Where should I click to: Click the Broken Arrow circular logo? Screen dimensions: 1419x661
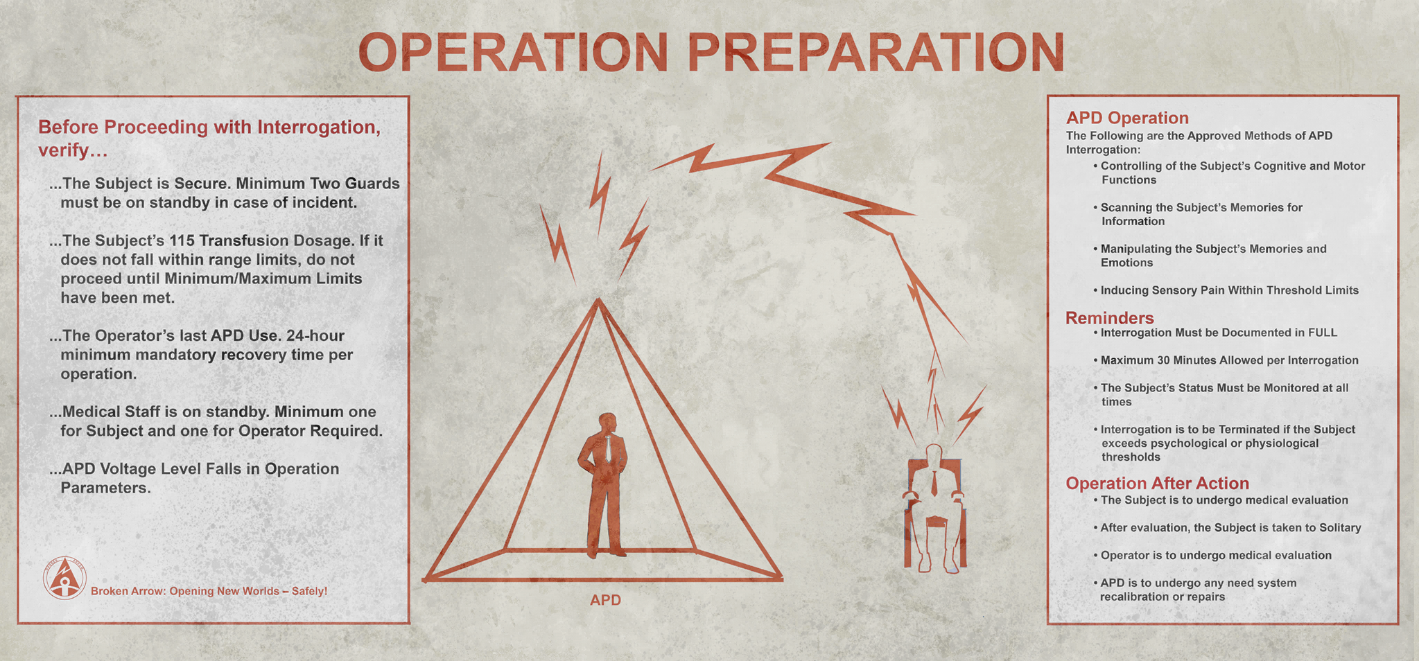64,578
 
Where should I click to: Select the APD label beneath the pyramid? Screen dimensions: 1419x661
605,600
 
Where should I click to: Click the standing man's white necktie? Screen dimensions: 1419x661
608,448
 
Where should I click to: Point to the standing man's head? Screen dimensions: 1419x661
608,423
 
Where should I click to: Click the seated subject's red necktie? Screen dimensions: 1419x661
934,481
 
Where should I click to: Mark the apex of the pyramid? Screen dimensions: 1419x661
598,299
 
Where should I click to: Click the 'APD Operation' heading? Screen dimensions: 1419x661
1127,118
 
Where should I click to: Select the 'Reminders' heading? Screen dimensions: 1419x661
1109,318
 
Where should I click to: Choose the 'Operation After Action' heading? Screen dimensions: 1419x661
1157,484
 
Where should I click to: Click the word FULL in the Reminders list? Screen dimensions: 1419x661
1323,333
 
